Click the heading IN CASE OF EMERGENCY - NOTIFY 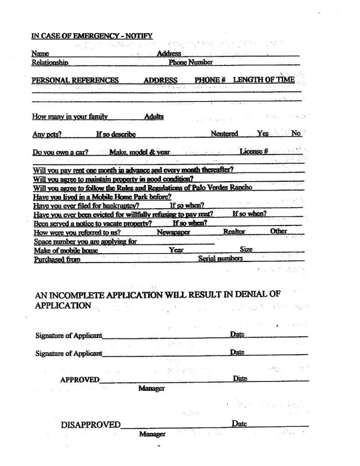[92, 36]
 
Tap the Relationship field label [50, 63]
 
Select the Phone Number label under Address [191, 63]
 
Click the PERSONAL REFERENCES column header [75, 80]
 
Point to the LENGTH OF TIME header [264, 80]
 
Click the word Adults [153, 117]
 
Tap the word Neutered [224, 134]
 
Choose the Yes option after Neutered [263, 134]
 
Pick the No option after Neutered [296, 134]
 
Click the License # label [254, 152]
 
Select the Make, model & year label [139, 152]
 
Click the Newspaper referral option [173, 233]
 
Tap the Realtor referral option [234, 232]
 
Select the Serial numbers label [220, 259]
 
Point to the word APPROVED [80, 380]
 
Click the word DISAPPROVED [90, 425]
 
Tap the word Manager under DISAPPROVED [152, 434]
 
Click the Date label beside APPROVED [240, 378]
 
